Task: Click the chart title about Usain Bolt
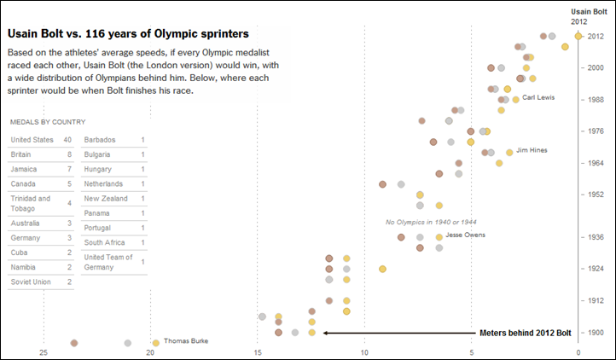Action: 128,34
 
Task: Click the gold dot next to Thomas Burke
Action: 155,343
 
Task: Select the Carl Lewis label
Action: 538,97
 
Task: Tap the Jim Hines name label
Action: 532,151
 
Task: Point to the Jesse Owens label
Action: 465,235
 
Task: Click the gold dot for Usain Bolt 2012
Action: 578,36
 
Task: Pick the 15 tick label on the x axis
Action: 257,352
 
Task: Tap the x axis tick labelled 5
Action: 471,352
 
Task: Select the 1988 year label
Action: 598,100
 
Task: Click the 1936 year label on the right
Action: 598,237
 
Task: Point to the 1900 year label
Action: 598,333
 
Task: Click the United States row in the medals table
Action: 41,140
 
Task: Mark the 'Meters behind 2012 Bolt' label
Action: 525,333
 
